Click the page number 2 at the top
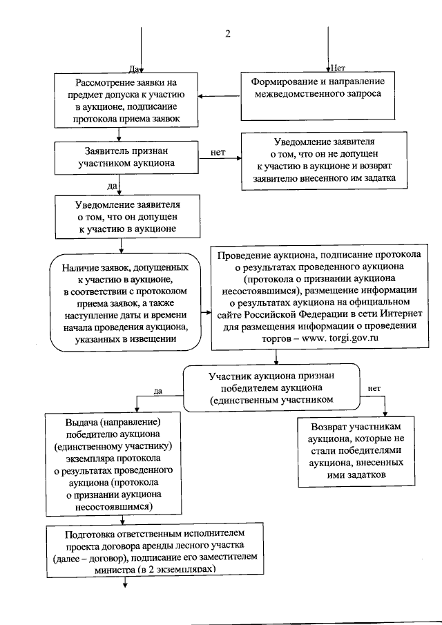pyautogui.click(x=228, y=35)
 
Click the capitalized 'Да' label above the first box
pyautogui.click(x=133, y=68)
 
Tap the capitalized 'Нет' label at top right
pyautogui.click(x=338, y=68)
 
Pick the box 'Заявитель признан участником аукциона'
pyautogui.click(x=122, y=157)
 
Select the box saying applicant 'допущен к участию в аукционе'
pyautogui.click(x=122, y=216)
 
